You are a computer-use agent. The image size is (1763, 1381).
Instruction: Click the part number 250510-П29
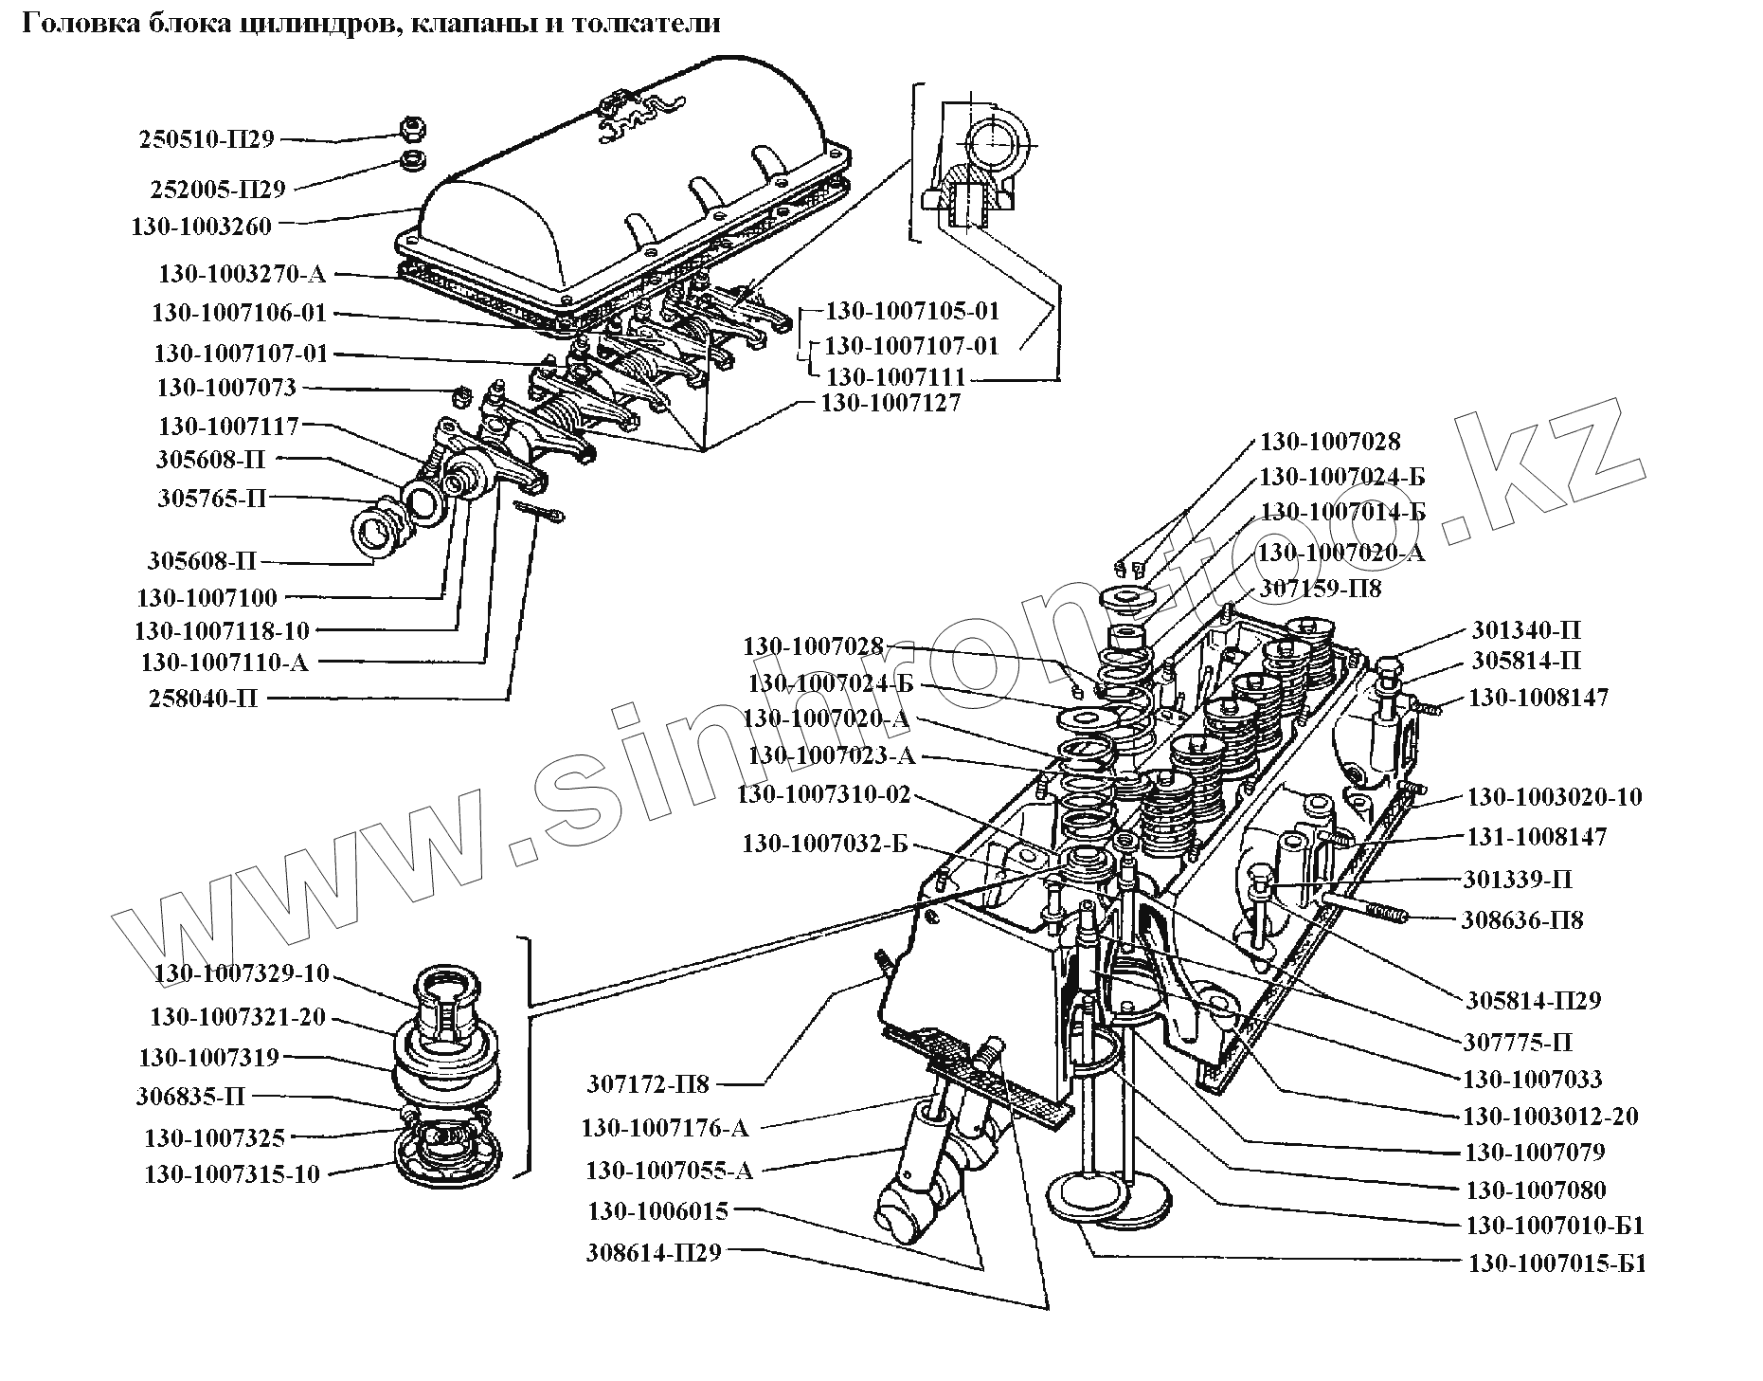click(207, 140)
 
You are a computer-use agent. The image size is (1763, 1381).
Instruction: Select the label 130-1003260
click(202, 226)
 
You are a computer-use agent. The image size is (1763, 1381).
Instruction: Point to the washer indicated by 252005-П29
click(411, 158)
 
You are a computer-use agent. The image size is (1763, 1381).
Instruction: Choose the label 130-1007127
click(890, 403)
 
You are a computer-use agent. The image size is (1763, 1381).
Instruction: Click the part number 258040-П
click(203, 699)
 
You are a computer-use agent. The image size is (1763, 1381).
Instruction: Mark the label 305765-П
click(212, 498)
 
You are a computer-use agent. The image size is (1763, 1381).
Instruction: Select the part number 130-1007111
click(895, 376)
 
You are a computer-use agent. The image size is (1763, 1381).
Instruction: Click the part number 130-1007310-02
click(823, 794)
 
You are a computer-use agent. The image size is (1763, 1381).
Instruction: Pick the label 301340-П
click(1526, 630)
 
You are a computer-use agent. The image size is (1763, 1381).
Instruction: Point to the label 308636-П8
click(1522, 919)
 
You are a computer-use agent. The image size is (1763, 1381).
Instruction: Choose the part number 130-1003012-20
click(1551, 1116)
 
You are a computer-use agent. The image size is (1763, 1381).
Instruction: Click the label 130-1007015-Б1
click(1556, 1263)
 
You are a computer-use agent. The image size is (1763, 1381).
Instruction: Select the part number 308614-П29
click(654, 1252)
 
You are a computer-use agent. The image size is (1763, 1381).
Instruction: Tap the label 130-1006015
click(657, 1210)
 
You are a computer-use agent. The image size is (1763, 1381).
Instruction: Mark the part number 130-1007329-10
click(242, 973)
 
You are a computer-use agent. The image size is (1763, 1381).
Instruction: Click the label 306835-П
click(190, 1097)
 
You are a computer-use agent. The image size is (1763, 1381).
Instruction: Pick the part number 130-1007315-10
click(232, 1173)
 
